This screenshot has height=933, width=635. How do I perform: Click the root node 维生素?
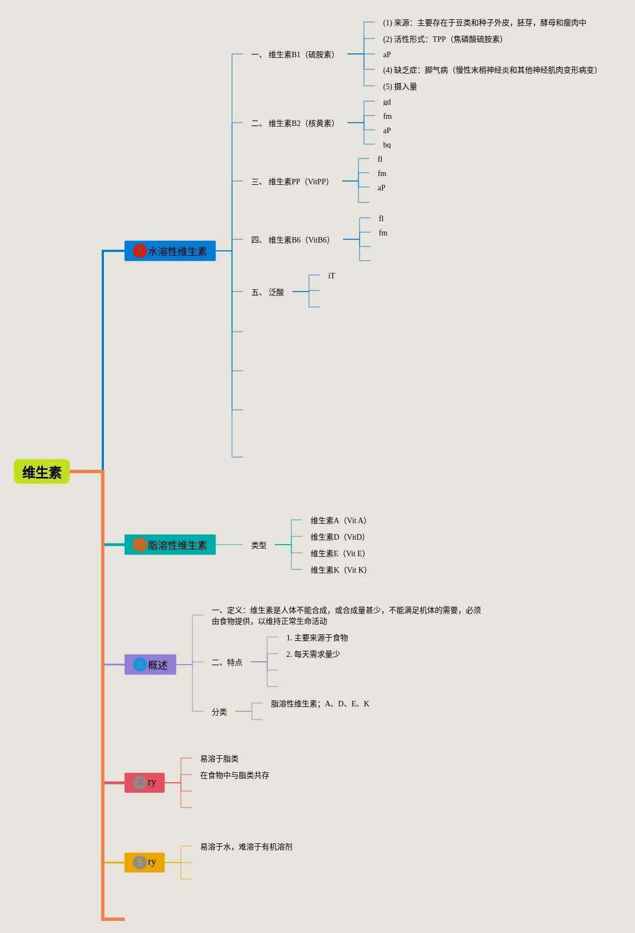(42, 472)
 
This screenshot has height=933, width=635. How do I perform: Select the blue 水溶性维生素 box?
(170, 251)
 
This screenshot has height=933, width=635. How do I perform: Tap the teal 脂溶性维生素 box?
(170, 545)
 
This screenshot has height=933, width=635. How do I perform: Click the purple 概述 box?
(150, 665)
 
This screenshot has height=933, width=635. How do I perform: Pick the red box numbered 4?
(145, 782)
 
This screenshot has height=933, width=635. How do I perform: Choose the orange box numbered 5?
(145, 862)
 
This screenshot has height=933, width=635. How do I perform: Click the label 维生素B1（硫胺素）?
(301, 54)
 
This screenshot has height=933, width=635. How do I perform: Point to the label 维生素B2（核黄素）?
(301, 123)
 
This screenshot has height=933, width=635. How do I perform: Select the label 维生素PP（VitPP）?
(299, 182)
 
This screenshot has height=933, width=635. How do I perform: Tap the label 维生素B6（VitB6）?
(299, 240)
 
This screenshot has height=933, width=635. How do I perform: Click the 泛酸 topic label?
(276, 292)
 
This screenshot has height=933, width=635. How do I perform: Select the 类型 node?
(259, 545)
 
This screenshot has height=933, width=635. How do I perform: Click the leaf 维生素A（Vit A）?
(338, 520)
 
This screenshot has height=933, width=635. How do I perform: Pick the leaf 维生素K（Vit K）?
(338, 570)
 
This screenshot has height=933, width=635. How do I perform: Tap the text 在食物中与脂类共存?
(235, 775)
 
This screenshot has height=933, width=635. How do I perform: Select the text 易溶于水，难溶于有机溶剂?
(246, 847)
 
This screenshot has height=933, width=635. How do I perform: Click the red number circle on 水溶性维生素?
(140, 251)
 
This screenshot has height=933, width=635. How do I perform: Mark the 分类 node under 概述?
(219, 712)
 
